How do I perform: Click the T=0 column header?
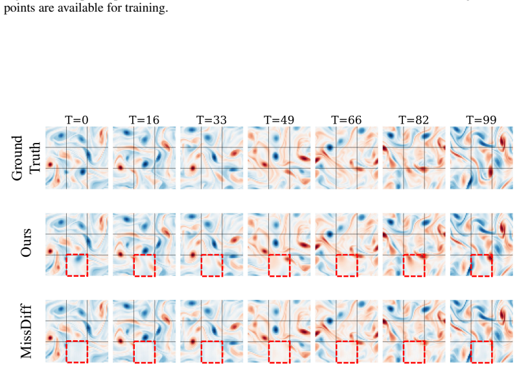pos(77,120)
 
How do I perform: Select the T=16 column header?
pos(144,120)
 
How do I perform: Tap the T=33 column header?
pos(212,120)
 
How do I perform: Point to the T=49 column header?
pos(279,120)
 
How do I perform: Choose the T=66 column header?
pos(347,120)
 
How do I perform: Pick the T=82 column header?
pos(414,120)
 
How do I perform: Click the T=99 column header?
pos(481,120)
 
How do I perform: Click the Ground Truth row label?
pos(26,158)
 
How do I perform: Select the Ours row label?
pos(26,243)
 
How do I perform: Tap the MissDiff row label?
pos(27,332)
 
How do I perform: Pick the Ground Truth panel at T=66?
pos(347,158)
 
